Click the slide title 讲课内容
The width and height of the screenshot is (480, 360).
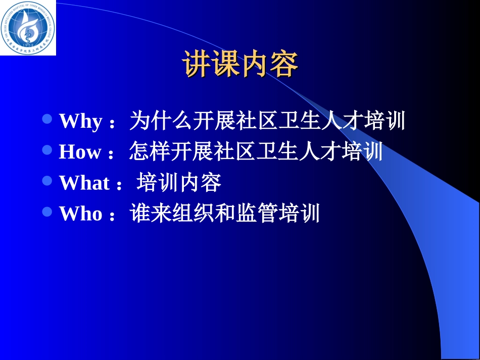pyautogui.click(x=240, y=64)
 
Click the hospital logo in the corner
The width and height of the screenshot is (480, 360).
pyautogui.click(x=27, y=27)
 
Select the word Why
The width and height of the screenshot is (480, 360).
pyautogui.click(x=81, y=122)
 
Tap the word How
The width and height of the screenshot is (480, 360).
pyautogui.click(x=80, y=152)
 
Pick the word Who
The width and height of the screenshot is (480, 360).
pyautogui.click(x=81, y=214)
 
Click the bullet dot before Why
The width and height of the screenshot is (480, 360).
pyautogui.click(x=48, y=119)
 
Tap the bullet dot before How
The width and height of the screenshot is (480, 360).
pyautogui.click(x=48, y=150)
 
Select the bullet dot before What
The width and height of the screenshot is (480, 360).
pyautogui.click(x=48, y=181)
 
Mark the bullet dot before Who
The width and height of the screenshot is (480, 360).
pyautogui.click(x=48, y=212)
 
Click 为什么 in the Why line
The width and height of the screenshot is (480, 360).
pyautogui.click(x=160, y=121)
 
